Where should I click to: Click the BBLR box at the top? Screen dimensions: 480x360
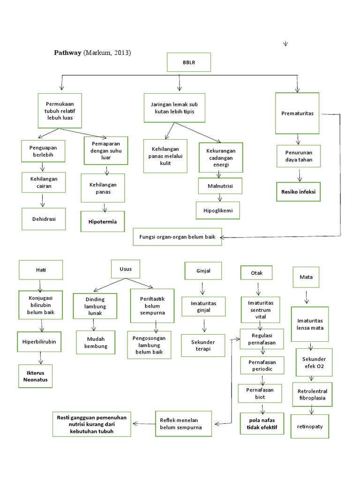188,62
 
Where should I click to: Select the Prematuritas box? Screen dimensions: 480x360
297,113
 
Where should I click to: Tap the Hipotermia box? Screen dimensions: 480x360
103,221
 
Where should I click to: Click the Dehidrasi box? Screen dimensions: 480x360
43,219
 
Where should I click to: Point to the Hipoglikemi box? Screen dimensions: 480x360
217,210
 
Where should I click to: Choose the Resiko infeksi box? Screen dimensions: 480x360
298,192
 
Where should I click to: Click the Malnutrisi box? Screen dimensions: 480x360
219,186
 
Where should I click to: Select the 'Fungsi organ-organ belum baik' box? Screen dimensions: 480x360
177,237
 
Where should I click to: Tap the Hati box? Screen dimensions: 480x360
41,270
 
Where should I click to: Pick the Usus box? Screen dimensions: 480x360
125,269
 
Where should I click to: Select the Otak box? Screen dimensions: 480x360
256,272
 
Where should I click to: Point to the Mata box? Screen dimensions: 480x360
306,277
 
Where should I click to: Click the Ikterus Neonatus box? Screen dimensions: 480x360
36,376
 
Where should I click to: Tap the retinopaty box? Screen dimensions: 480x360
310,427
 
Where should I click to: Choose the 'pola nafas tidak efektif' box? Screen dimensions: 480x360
262,424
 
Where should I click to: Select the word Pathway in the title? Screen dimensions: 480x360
68,53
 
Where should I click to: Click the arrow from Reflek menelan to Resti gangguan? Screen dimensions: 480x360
143,423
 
